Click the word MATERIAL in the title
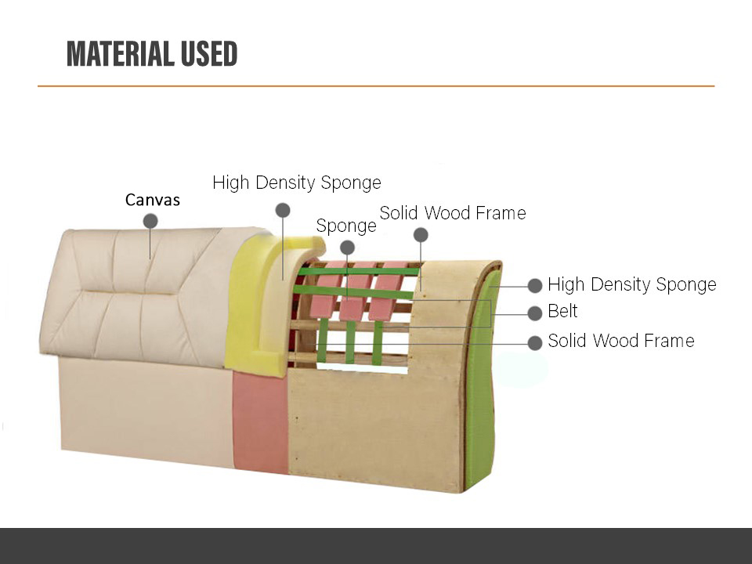coord(121,54)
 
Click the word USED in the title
coord(210,54)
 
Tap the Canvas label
coord(153,200)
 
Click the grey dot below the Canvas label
coord(150,221)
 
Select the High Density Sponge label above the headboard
coord(297,183)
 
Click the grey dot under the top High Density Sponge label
coord(283,210)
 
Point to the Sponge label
coord(346,226)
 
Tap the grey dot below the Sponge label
coord(347,248)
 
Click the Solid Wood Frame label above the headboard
coord(453,213)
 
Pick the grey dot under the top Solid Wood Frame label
coord(421,235)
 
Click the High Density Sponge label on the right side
coord(632,284)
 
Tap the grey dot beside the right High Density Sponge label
coord(535,285)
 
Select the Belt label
coord(562,311)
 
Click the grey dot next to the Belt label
coord(535,313)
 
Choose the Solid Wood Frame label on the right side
coord(621,341)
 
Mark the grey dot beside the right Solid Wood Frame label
coord(535,342)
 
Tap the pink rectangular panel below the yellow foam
coord(260,422)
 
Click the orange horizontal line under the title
coord(376,86)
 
